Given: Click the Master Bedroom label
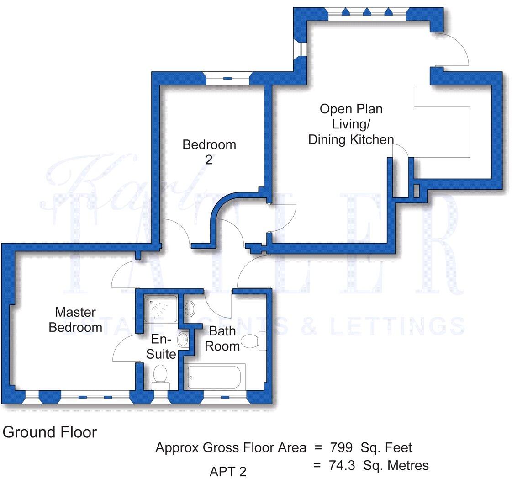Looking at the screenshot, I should pos(75,320).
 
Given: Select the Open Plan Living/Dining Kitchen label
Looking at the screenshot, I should pos(351,124).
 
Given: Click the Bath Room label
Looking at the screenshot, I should pos(222,338).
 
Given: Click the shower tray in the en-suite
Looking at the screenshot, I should pos(161,308).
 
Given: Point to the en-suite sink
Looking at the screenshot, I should pos(183,340).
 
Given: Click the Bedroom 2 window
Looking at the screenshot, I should pos(227,79).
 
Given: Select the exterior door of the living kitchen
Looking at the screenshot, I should pos(452,49).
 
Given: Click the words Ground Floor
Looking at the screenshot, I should pos(50,432).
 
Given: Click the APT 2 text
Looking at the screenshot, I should pos(228,471).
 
